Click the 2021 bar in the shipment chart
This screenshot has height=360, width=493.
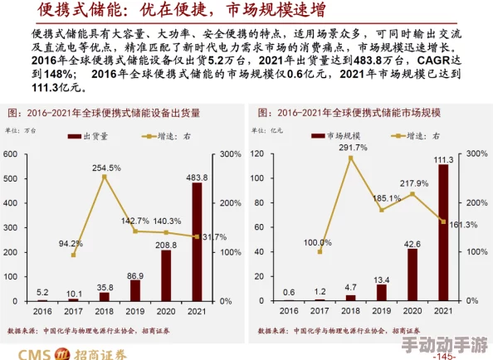197,241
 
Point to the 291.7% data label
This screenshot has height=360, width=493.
352,148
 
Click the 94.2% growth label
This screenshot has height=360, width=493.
71,244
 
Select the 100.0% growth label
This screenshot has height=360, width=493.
319,243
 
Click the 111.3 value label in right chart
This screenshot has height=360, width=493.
443,159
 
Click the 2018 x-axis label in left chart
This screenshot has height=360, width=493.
105,310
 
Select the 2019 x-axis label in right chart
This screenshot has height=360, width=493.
382,310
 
